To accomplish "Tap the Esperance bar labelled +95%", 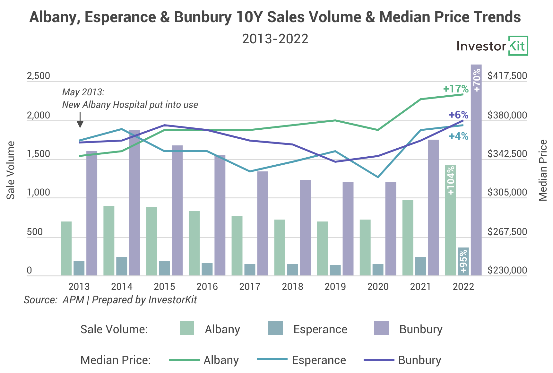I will tap(463, 261).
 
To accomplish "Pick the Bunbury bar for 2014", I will tap(134, 202).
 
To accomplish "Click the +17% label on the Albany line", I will tap(455, 89).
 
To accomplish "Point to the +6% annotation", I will tap(458, 115).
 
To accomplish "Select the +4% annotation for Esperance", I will tap(458, 136).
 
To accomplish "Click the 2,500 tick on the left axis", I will tap(39, 76).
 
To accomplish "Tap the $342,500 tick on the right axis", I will tap(507, 154).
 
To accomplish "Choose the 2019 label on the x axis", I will tap(335, 286).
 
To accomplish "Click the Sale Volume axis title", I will tap(11, 170).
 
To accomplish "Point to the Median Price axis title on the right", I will tap(543, 170).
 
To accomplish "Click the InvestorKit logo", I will tap(492, 46).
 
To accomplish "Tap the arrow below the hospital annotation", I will tap(80, 120).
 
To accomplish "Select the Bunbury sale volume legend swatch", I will tap(381, 328).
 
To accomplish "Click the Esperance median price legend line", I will tap(272, 360).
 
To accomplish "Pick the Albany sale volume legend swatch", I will tap(187, 328).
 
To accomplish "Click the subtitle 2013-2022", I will tap(275, 39).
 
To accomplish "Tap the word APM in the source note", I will tap(73, 300).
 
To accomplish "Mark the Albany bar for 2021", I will tap(408, 238).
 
